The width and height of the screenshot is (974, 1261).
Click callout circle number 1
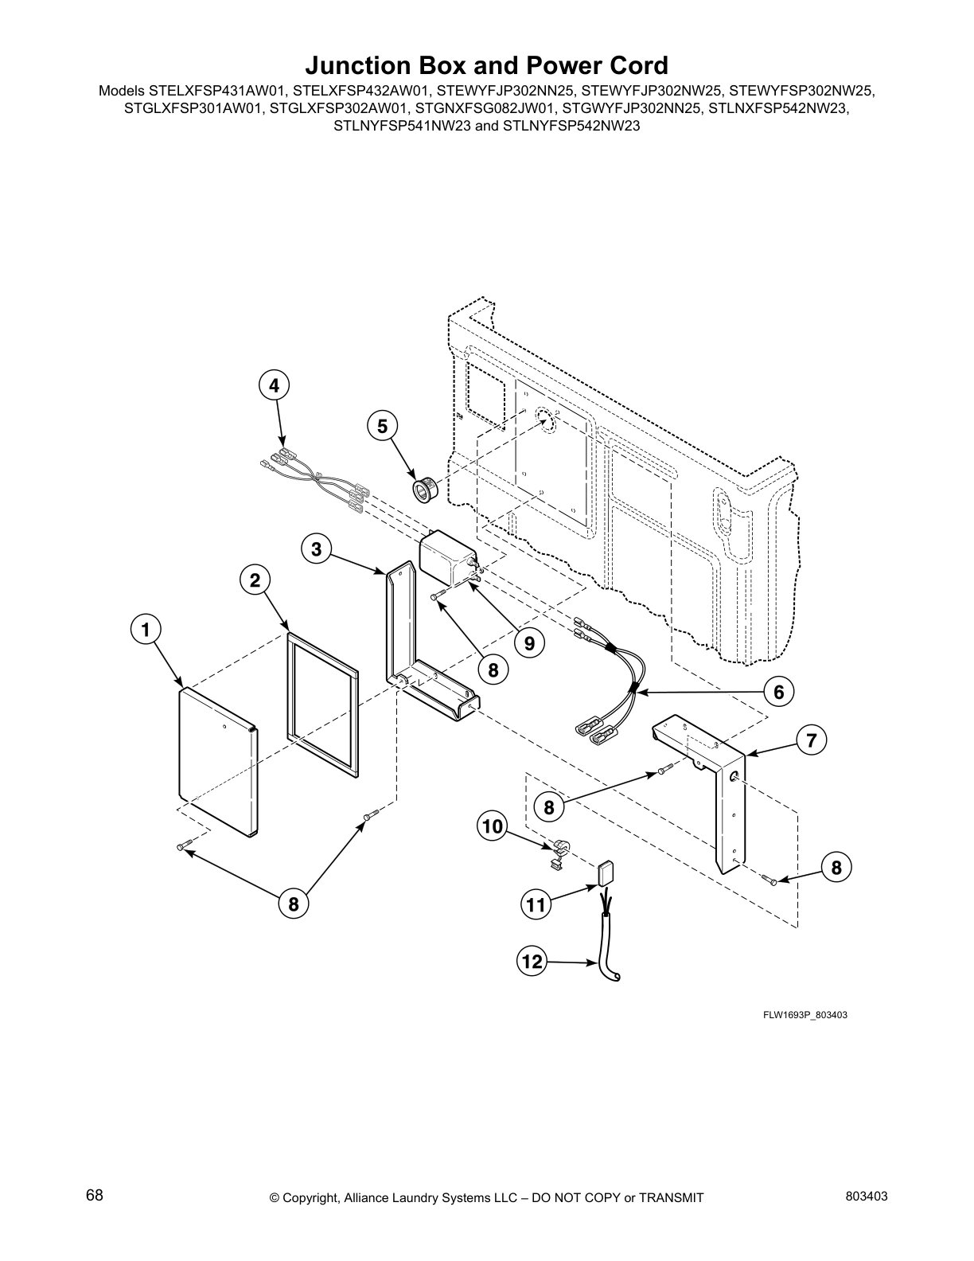tap(145, 630)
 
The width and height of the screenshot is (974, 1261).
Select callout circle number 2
tap(255, 580)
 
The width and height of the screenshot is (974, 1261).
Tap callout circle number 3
tap(317, 549)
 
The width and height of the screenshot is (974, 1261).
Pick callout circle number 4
tap(274, 386)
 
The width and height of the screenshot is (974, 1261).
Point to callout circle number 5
tap(383, 427)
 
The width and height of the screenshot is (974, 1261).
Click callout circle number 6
tap(779, 692)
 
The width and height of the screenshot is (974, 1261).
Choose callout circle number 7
tap(811, 741)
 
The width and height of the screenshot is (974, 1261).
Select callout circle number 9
tap(529, 642)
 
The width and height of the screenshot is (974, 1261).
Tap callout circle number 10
tap(493, 826)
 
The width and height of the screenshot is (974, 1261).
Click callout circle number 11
tap(536, 904)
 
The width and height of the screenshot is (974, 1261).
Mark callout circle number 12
tap(532, 962)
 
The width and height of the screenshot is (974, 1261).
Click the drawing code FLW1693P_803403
tap(798, 1015)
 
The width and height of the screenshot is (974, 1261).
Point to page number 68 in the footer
tap(95, 1195)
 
